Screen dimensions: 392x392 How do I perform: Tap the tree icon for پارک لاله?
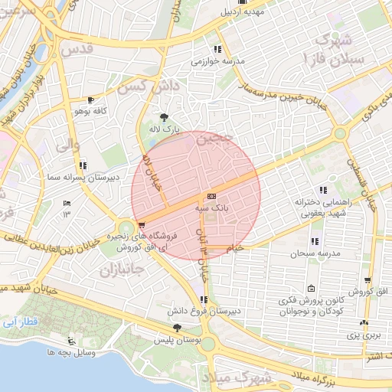click(164, 117)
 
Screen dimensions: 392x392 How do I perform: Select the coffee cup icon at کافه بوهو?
click(91, 100)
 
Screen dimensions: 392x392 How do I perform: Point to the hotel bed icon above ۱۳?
click(66, 203)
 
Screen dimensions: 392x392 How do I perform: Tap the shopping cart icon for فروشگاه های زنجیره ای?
click(142, 225)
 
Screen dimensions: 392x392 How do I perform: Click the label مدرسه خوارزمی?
click(217, 60)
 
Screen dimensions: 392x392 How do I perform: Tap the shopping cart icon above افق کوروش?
click(368, 281)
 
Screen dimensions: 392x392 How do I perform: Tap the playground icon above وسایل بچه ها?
click(72, 341)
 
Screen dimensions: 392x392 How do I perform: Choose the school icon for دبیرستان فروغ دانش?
click(203, 299)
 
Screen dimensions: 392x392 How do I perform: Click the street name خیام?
click(234, 247)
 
